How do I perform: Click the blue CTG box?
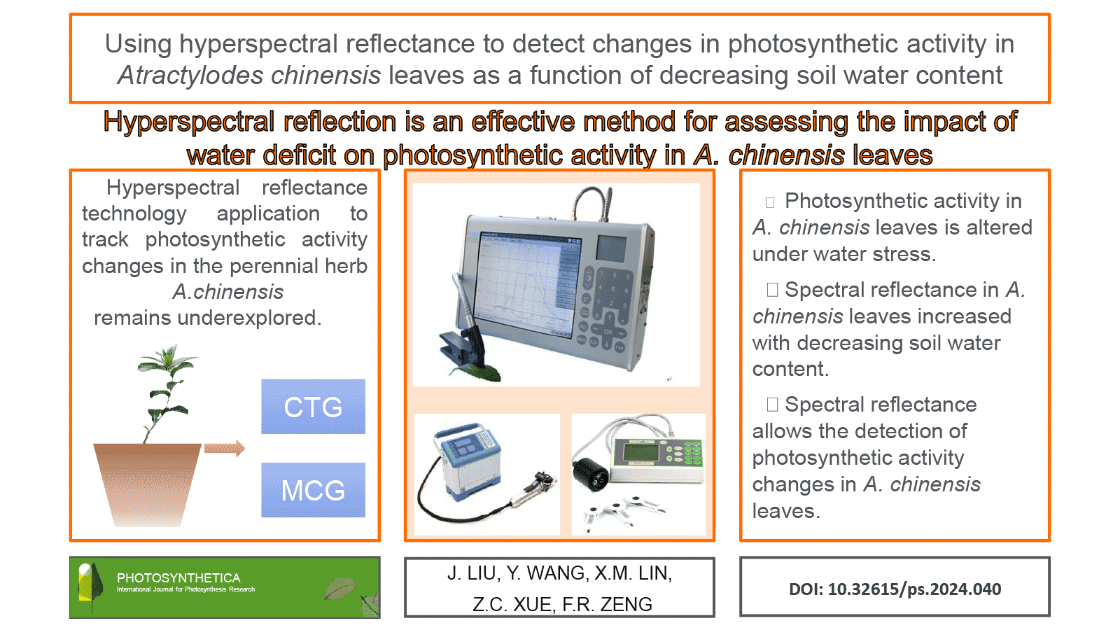pos(313,406)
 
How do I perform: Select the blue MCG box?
pos(313,489)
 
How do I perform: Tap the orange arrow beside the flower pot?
pos(225,448)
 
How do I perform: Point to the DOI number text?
pos(895,589)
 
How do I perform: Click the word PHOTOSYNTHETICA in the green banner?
pos(178,578)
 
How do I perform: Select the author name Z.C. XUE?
pos(512,605)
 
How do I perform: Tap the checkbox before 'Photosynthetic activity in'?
pos(770,202)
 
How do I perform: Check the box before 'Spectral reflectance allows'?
pos(773,405)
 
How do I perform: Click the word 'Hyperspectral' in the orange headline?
pos(189,122)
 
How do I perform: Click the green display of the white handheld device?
pos(640,453)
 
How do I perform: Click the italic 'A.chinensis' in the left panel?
pos(228,291)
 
